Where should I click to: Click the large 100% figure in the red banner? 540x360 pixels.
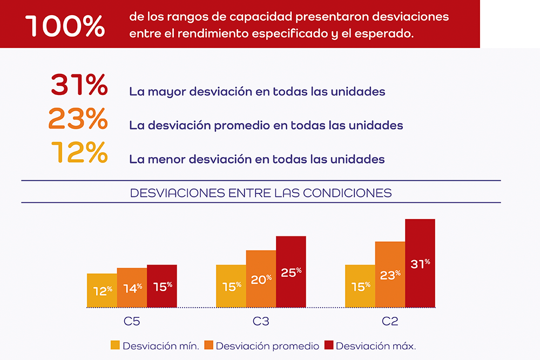(x=65, y=26)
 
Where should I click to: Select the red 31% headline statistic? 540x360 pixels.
(x=79, y=85)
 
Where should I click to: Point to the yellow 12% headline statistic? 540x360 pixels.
(x=80, y=153)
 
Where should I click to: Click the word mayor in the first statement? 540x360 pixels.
(x=161, y=92)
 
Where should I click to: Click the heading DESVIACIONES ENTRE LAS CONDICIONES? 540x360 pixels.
(x=261, y=193)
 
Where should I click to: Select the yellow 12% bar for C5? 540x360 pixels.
(x=102, y=291)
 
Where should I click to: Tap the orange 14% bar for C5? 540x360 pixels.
(x=132, y=288)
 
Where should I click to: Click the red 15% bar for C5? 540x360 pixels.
(x=162, y=286)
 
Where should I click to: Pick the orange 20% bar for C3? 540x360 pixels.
(x=261, y=279)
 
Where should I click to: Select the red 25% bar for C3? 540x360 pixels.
(x=291, y=272)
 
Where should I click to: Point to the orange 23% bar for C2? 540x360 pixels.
(x=390, y=275)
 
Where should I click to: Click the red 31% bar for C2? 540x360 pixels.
(x=420, y=263)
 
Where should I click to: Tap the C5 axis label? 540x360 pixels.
(x=132, y=321)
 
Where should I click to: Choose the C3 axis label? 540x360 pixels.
(x=261, y=321)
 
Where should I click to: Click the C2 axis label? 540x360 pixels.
(x=390, y=321)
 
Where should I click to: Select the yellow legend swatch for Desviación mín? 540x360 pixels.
(x=115, y=345)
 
